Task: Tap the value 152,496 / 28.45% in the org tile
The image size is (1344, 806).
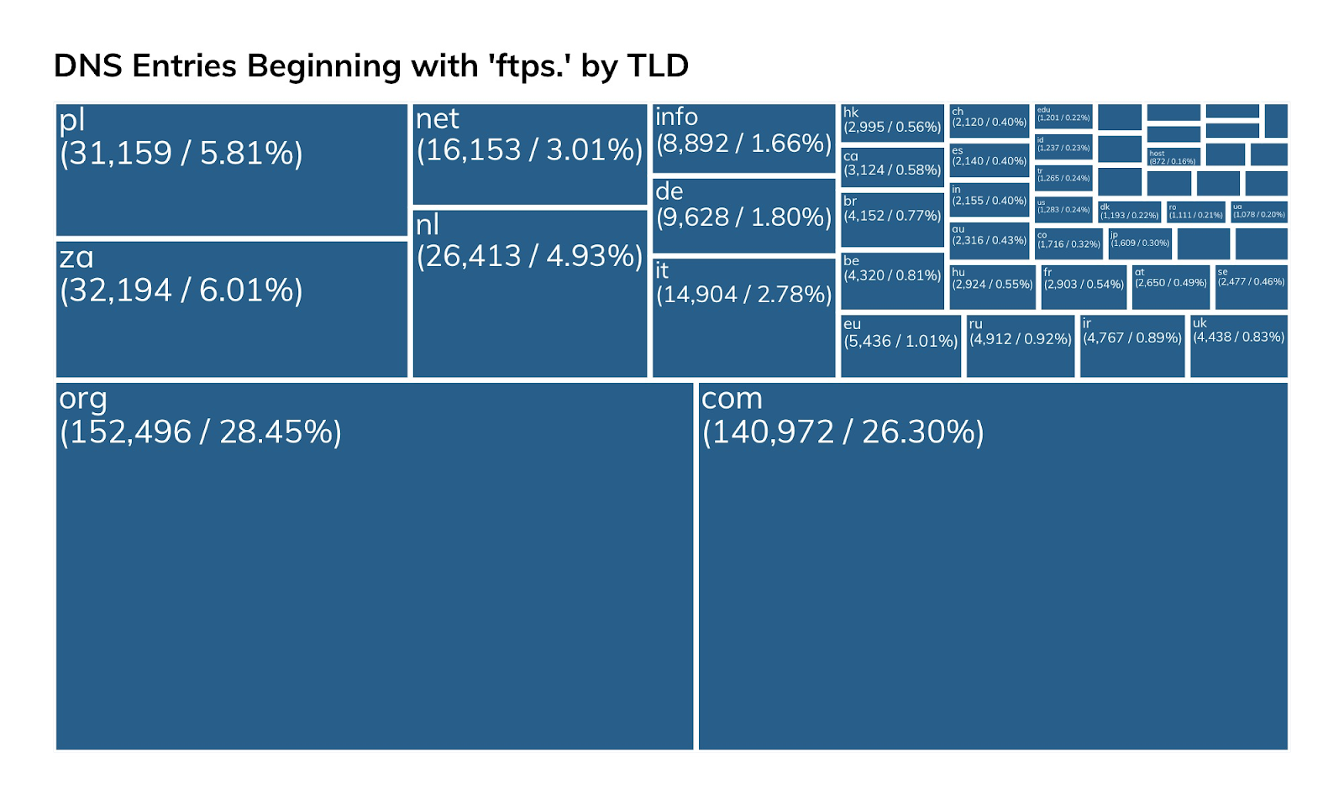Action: pyautogui.click(x=201, y=432)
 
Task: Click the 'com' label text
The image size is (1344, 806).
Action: pyautogui.click(x=732, y=398)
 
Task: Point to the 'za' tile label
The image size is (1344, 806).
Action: pyautogui.click(x=76, y=257)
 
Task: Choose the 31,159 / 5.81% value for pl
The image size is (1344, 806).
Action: pyautogui.click(x=181, y=153)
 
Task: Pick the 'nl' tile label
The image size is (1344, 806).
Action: pyautogui.click(x=428, y=224)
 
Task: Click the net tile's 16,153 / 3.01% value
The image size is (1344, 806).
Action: pyautogui.click(x=529, y=149)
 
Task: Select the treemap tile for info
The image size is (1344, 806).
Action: pyautogui.click(x=743, y=138)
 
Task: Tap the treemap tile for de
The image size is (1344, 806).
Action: pyautogui.click(x=743, y=215)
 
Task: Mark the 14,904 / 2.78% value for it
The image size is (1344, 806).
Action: pyautogui.click(x=743, y=295)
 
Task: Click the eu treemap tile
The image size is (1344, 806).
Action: pyautogui.click(x=900, y=346)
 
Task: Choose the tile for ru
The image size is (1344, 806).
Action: pyautogui.click(x=1021, y=346)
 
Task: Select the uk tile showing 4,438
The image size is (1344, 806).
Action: pyautogui.click(x=1238, y=346)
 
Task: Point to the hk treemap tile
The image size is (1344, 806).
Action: pyautogui.click(x=892, y=121)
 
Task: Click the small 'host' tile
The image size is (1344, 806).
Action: pyautogui.click(x=1173, y=156)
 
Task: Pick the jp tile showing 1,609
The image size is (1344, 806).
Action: pyautogui.click(x=1140, y=243)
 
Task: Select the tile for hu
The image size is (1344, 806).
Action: pyautogui.click(x=992, y=287)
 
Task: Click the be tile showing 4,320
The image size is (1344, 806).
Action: pyautogui.click(x=892, y=280)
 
